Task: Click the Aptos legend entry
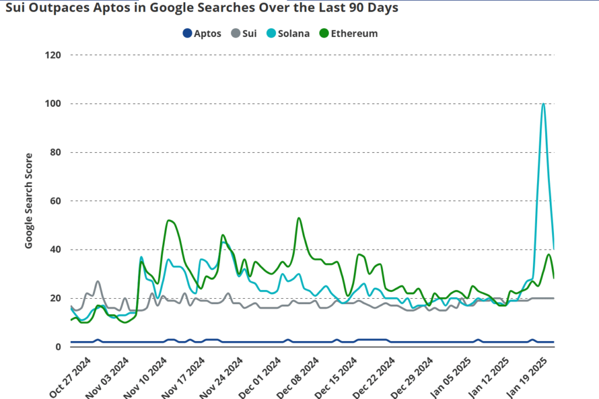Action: [x=201, y=33]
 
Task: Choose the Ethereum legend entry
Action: [x=347, y=33]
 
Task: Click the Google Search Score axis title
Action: [x=29, y=200]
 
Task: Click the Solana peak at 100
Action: [x=543, y=104]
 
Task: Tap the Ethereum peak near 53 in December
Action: [x=299, y=218]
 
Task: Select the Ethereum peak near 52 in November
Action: [x=169, y=220]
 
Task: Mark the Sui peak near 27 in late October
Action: [x=98, y=281]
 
